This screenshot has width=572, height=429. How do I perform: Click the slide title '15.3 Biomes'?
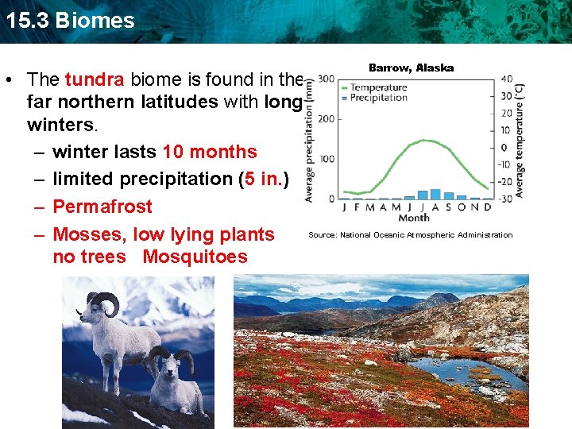69,20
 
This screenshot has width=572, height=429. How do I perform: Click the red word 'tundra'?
95,79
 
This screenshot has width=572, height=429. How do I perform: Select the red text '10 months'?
210,152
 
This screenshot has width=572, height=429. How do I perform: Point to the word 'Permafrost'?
102,207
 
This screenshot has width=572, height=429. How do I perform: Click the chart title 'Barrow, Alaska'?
411,68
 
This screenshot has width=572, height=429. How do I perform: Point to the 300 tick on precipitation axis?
325,79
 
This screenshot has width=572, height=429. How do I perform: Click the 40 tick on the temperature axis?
506,79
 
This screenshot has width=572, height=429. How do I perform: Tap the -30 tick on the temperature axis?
506,198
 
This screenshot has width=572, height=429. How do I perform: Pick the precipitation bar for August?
435,194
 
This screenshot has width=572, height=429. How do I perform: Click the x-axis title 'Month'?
413,218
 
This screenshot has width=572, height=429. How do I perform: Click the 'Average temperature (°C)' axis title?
520,139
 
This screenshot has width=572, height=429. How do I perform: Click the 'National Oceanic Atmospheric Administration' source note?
411,235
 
